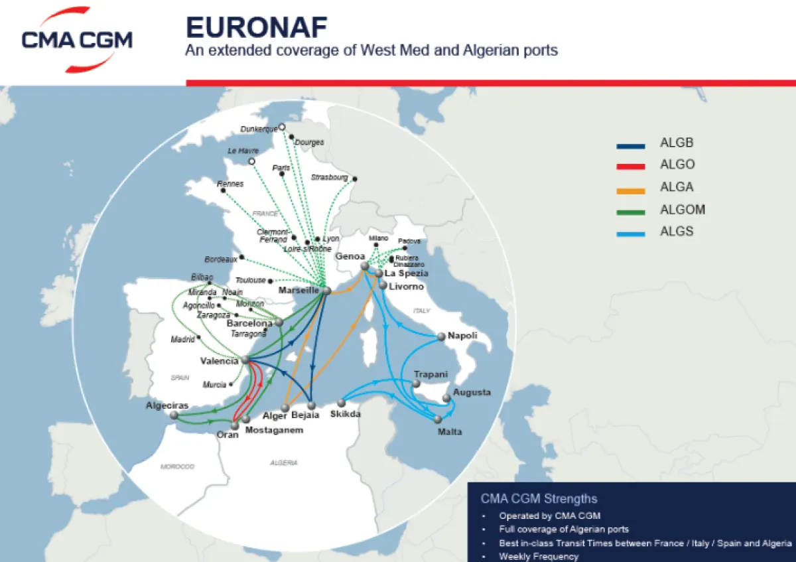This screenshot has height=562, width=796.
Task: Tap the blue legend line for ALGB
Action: click(x=630, y=146)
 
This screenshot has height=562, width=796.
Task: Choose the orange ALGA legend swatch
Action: click(x=630, y=190)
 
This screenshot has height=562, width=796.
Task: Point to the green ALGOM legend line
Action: click(x=630, y=212)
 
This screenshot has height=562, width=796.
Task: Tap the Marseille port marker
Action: click(x=326, y=291)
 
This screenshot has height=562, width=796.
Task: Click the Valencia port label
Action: click(x=219, y=361)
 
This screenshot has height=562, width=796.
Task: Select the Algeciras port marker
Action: click(x=174, y=415)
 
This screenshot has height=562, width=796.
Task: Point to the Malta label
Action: click(x=450, y=432)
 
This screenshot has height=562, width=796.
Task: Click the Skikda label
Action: click(x=345, y=415)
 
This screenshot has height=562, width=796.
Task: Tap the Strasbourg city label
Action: click(x=329, y=177)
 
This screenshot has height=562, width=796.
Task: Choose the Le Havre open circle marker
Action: click(x=251, y=161)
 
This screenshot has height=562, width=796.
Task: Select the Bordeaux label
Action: click(x=222, y=259)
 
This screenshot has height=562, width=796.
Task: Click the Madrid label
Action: click(x=182, y=339)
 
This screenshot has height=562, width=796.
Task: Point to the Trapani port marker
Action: click(x=417, y=384)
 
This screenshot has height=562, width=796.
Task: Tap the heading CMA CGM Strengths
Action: click(x=539, y=499)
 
